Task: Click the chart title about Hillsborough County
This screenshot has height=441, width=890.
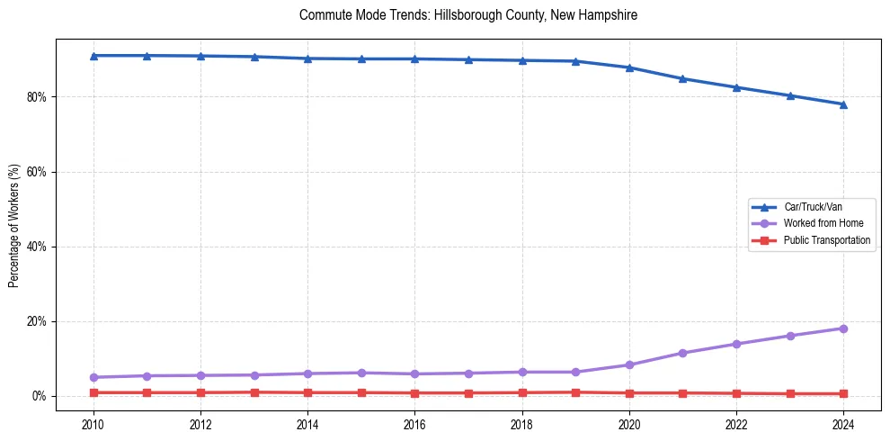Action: [x=468, y=15]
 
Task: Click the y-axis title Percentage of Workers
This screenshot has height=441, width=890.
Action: [x=13, y=226]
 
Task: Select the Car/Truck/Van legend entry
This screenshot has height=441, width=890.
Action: [x=813, y=207]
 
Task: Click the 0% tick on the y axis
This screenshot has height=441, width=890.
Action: [x=39, y=396]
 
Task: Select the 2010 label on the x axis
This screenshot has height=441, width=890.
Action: [x=93, y=423]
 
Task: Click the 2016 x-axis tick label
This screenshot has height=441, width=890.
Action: [x=414, y=423]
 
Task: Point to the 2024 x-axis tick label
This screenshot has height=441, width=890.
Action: [x=843, y=423]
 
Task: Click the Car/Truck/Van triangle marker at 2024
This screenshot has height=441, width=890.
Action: [x=843, y=104]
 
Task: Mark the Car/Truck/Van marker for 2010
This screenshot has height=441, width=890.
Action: [x=93, y=56]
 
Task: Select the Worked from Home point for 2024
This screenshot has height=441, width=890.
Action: [x=843, y=328]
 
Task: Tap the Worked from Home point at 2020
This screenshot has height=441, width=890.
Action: [x=629, y=364]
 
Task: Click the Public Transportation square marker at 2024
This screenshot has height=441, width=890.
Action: [x=843, y=393]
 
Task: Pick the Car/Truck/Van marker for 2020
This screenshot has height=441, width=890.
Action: [x=629, y=67]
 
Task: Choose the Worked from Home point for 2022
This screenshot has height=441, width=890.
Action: [x=736, y=344]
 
